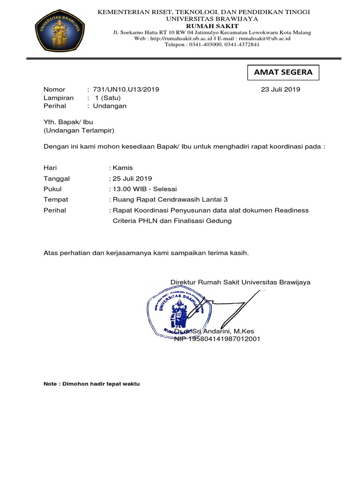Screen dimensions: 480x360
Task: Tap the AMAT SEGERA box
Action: click(x=283, y=73)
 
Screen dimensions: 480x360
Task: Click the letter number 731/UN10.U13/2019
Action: click(x=127, y=89)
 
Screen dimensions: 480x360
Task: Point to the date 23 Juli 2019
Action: click(x=280, y=89)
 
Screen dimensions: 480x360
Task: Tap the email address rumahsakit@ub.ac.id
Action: click(x=264, y=38)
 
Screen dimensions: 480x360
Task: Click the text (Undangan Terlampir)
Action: click(x=79, y=130)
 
